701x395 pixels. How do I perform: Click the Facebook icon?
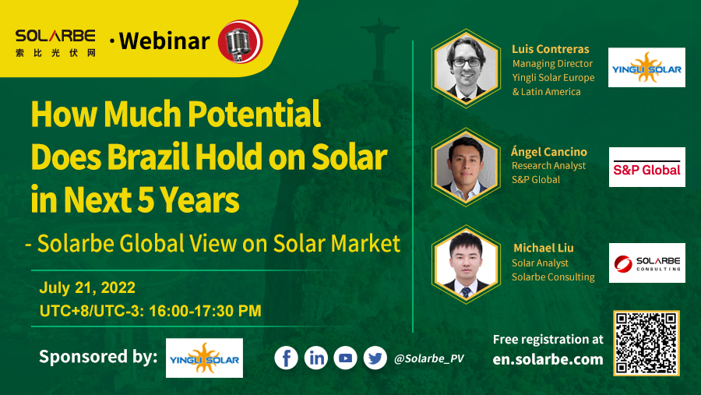point(287,358)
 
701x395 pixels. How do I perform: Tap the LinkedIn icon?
point(316,358)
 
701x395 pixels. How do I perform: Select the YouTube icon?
point(346,358)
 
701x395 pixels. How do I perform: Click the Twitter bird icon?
point(375,358)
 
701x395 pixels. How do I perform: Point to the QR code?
point(646,344)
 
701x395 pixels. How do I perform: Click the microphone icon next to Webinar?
point(239,41)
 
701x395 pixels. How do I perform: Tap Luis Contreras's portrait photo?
point(465,67)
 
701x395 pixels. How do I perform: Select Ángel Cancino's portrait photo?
point(465,166)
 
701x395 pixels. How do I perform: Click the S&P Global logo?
point(646,167)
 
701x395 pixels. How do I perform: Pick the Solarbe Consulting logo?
point(646,263)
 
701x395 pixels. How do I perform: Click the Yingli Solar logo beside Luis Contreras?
point(646,68)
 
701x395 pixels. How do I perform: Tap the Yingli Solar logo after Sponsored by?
point(204,358)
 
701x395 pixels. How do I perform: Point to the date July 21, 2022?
point(87,287)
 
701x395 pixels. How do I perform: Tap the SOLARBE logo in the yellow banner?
point(55,41)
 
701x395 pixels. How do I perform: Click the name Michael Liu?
point(543,248)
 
